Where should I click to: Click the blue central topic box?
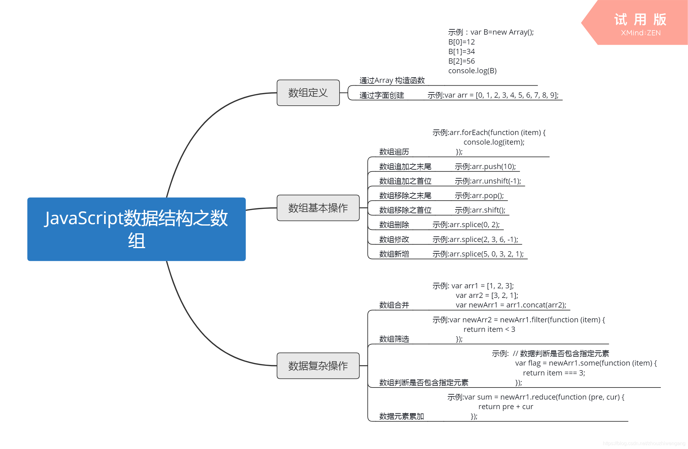pyautogui.click(x=136, y=229)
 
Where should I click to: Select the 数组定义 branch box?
pyautogui.click(x=308, y=93)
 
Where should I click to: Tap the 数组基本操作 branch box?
pyautogui.click(x=318, y=208)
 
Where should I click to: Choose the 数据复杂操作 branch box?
pyautogui.click(x=318, y=366)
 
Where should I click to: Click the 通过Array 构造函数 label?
pyautogui.click(x=392, y=81)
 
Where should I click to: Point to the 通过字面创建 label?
pyautogui.click(x=382, y=95)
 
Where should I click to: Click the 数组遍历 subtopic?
pyautogui.click(x=394, y=152)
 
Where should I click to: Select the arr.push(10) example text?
pyautogui.click(x=485, y=167)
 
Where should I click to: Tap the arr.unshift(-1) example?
pyautogui.click(x=487, y=181)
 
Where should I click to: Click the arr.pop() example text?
pyautogui.click(x=479, y=196)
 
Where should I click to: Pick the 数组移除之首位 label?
pyautogui.click(x=405, y=210)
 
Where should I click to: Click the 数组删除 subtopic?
pyautogui.click(x=394, y=225)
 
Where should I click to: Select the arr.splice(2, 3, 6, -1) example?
pyautogui.click(x=475, y=239)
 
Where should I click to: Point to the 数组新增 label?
pyautogui.click(x=394, y=254)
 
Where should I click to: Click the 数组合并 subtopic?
pyautogui.click(x=394, y=305)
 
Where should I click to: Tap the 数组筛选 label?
pyautogui.click(x=394, y=339)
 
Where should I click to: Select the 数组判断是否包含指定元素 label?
pyautogui.click(x=424, y=383)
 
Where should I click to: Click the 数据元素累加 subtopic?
pyautogui.click(x=401, y=417)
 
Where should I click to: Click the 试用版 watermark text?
pyautogui.click(x=640, y=20)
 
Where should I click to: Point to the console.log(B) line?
pyautogui.click(x=472, y=71)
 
